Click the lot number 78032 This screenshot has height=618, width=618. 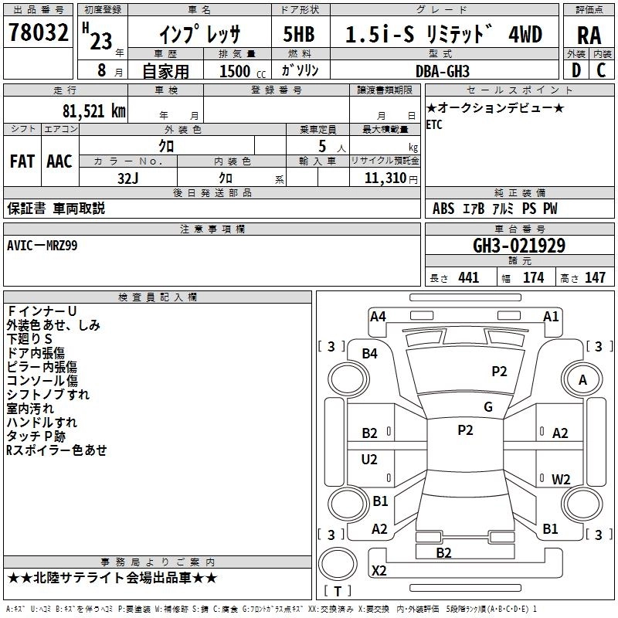[38, 34]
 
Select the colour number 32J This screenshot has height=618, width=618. [127, 178]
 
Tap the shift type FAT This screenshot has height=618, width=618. [22, 161]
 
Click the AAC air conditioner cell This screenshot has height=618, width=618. [59, 161]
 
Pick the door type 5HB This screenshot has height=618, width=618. [299, 35]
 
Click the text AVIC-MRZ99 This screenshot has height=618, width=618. [42, 245]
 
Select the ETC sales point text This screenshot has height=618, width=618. [434, 125]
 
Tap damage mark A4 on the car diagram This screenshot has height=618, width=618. [378, 316]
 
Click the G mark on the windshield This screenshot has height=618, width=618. [487, 406]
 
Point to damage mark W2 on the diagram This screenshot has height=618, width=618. [561, 479]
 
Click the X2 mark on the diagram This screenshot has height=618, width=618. [379, 571]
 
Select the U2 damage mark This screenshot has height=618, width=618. [369, 460]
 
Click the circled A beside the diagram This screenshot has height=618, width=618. [582, 379]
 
